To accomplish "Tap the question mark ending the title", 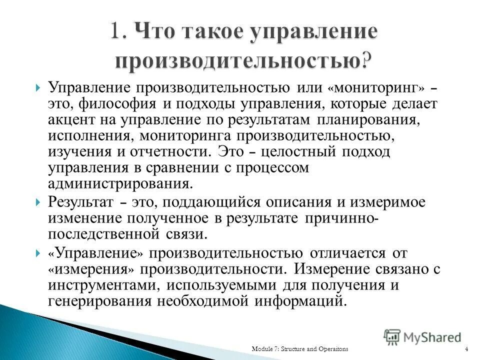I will tap(367, 60).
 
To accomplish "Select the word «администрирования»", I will tap(120, 183).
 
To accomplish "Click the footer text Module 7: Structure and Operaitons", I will tap(299, 348).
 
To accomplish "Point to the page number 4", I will tap(466, 348).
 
